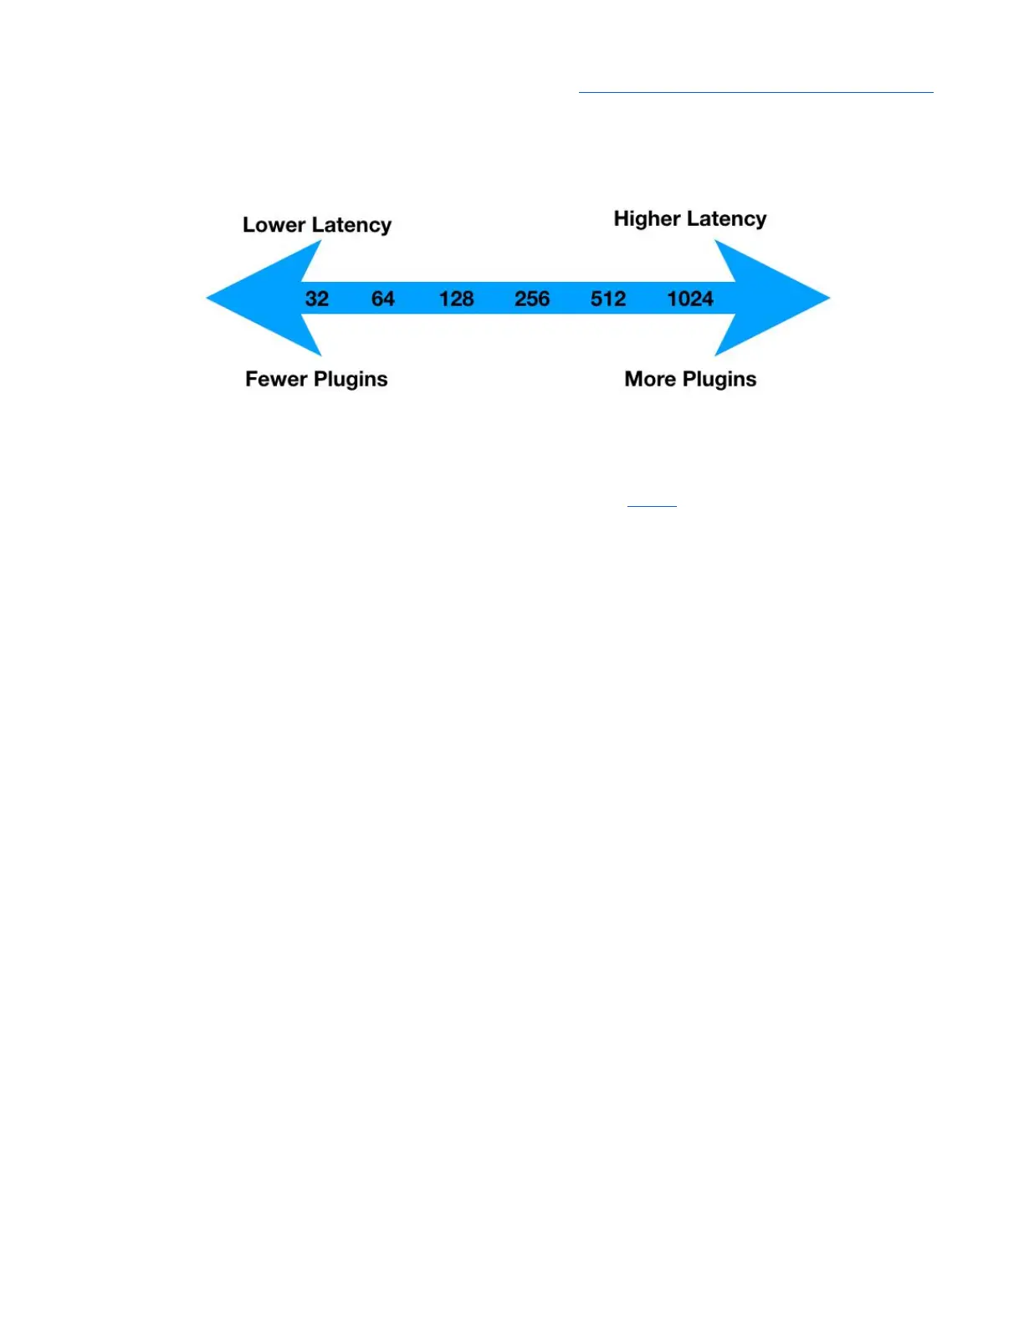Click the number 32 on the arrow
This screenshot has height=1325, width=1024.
317,299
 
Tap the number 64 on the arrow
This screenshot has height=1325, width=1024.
383,299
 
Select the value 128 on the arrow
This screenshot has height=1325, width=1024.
457,299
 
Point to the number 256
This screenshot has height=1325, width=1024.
532,299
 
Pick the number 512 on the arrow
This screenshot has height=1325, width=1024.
608,299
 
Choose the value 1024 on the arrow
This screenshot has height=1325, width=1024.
690,299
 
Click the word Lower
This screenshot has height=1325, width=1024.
274,225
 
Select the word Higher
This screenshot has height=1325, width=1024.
647,218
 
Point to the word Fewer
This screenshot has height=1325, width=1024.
276,379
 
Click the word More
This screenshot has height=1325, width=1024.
650,379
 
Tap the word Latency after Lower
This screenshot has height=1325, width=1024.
351,226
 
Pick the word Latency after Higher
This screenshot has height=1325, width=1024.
726,219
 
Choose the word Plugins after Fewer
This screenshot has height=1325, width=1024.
351,380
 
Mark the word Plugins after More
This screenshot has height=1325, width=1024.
719,380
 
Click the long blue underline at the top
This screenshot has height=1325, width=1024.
755,92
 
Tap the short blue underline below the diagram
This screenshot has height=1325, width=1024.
652,506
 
